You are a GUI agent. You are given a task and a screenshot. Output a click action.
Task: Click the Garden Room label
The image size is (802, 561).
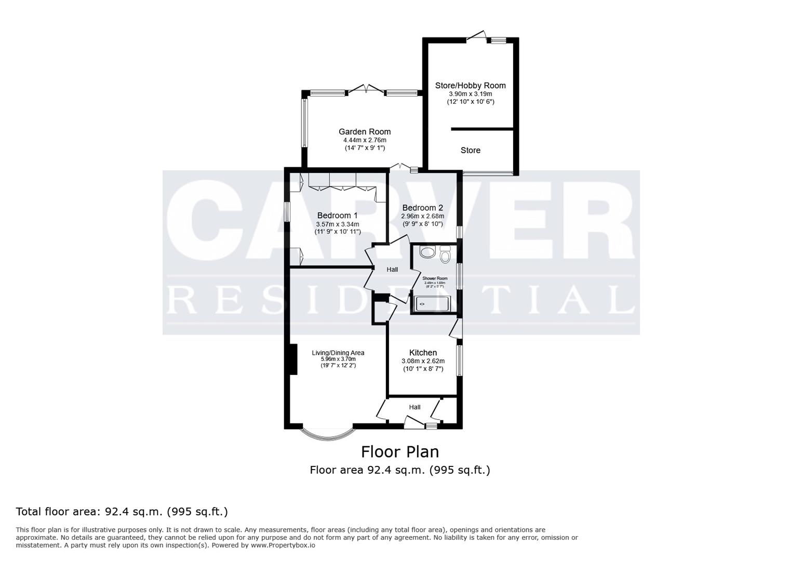click(365, 132)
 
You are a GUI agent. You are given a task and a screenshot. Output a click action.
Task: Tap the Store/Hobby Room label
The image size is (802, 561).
click(470, 86)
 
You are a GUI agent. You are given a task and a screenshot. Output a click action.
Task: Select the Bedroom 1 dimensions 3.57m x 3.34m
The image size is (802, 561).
click(337, 224)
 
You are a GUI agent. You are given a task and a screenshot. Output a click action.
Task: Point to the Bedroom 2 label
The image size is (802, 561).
click(422, 208)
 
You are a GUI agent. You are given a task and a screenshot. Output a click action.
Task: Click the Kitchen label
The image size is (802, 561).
click(423, 353)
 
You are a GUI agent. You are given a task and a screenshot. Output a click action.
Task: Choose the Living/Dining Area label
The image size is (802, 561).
click(338, 353)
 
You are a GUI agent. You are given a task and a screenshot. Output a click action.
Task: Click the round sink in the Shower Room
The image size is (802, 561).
click(427, 253)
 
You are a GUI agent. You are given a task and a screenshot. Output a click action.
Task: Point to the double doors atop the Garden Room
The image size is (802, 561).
click(366, 89)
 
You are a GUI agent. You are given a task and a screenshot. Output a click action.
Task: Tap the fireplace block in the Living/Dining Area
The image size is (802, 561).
click(293, 359)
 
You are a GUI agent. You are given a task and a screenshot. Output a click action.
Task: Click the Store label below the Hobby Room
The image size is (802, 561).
click(471, 151)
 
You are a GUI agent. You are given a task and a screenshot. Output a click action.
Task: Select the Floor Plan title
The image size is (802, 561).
click(400, 451)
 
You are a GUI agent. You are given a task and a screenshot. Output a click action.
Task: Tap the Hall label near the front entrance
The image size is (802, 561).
click(415, 407)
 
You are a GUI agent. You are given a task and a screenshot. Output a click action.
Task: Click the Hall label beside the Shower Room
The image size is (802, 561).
click(392, 270)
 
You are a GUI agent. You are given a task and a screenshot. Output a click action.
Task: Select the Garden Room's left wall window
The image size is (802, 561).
click(305, 123)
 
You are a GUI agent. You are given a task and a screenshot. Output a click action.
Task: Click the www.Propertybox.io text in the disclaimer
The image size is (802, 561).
click(283, 545)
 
